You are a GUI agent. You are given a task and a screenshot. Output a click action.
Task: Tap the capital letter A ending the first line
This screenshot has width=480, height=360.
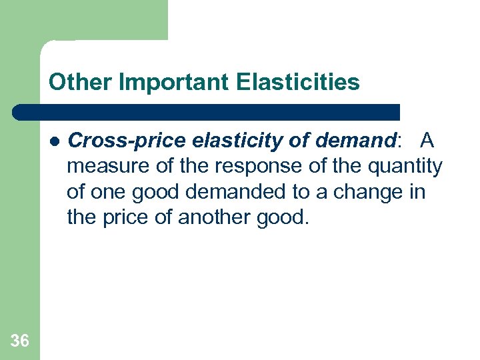(x=427, y=141)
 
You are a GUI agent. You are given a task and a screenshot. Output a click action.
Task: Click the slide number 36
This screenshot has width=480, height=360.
(x=20, y=341)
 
